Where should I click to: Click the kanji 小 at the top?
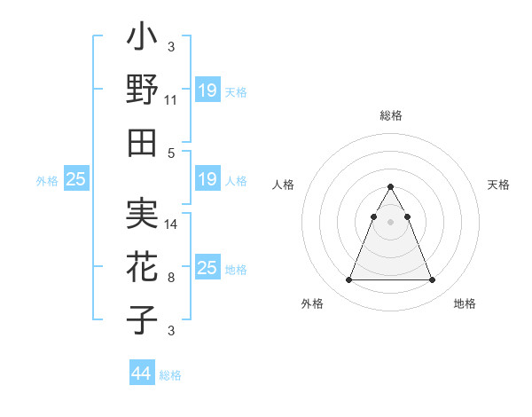142,41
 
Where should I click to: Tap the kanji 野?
142,90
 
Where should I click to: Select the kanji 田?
142,141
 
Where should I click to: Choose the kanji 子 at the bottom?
142,319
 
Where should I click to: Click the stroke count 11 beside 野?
171,100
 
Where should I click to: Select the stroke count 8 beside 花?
171,278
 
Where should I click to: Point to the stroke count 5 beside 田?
171,152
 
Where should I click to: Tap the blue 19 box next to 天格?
207,90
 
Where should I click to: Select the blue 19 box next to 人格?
207,180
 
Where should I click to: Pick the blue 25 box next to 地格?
207,268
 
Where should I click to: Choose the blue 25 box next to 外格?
75,180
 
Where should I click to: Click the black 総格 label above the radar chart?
391,116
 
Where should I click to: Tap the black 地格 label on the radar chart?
465,303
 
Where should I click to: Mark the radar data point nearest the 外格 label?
348,280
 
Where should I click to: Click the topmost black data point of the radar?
390,187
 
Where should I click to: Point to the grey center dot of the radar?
390,223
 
